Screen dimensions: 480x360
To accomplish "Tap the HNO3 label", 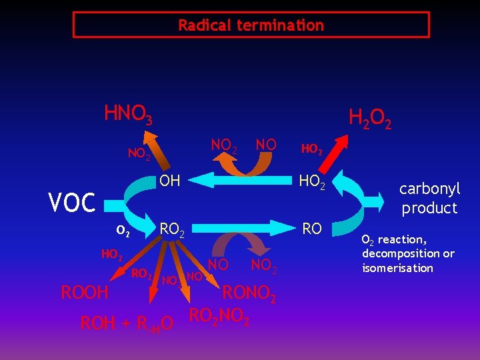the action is tap(129, 115).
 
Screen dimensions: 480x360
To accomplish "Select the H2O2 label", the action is tap(370, 119).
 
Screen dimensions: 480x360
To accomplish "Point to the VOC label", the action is tap(73, 202).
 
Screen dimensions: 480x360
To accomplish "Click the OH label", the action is tap(170, 180).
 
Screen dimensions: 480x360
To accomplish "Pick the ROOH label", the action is tap(85, 292).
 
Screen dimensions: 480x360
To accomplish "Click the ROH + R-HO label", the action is tap(127, 324).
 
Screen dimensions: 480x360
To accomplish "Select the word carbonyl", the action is tap(430, 188).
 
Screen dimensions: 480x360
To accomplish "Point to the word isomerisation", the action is tap(397, 268).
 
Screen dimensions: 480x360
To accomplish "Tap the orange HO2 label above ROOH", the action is tap(111, 254).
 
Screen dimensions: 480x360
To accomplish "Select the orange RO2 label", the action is tap(141, 273).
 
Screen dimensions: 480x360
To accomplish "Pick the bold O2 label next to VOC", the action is tap(123, 231).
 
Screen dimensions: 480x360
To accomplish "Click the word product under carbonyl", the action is tap(429, 208).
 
